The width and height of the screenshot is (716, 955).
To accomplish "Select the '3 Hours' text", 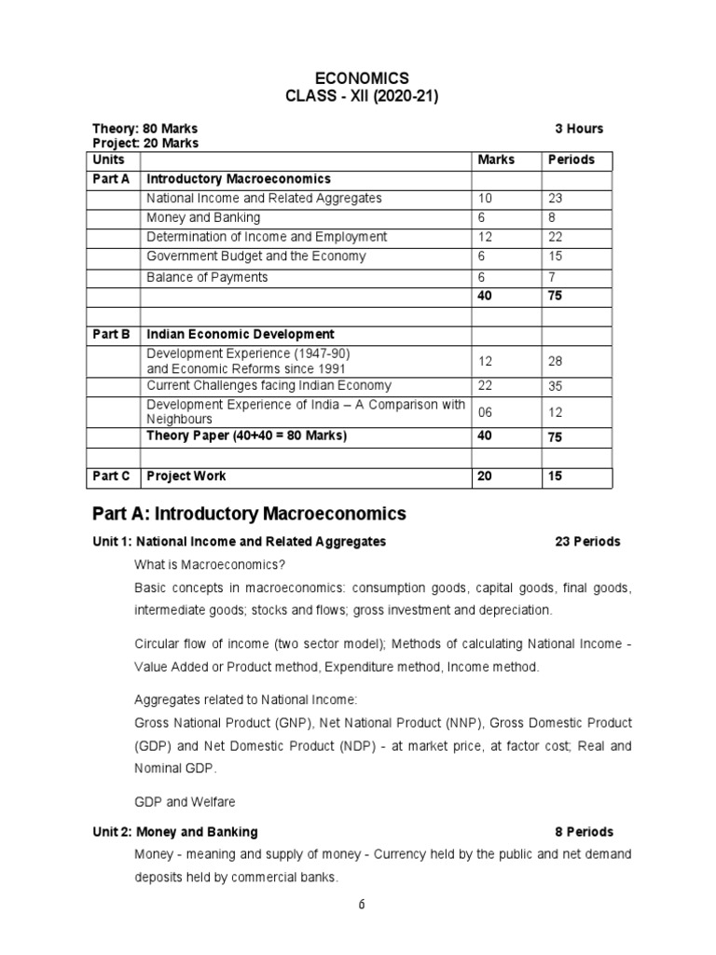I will tap(579, 129).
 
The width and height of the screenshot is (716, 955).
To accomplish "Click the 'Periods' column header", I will tap(571, 159).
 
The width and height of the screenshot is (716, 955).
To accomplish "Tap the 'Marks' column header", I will tap(496, 159).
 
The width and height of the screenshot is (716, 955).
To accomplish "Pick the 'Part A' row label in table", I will tap(111, 178).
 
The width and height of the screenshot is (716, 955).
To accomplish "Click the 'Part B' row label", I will tap(111, 334).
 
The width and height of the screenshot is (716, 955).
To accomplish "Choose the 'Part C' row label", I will tap(111, 476).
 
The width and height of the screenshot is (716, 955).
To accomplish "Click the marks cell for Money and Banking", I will tap(482, 217).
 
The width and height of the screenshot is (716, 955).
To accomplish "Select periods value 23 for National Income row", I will tap(556, 199).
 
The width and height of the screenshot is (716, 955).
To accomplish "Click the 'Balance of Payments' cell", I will tap(207, 277).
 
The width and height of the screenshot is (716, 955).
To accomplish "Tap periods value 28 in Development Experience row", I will tap(556, 361).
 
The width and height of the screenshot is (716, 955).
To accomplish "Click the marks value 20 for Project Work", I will tap(485, 476).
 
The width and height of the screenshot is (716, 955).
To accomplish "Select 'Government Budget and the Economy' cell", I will tap(255, 256).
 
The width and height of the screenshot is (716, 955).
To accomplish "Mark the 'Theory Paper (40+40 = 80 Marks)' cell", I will tap(246, 436).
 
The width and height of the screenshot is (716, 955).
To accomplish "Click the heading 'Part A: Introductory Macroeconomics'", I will tap(249, 513).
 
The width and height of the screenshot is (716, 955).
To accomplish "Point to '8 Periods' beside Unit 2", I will tap(585, 832).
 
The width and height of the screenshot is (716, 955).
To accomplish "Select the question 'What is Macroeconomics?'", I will tap(210, 565).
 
